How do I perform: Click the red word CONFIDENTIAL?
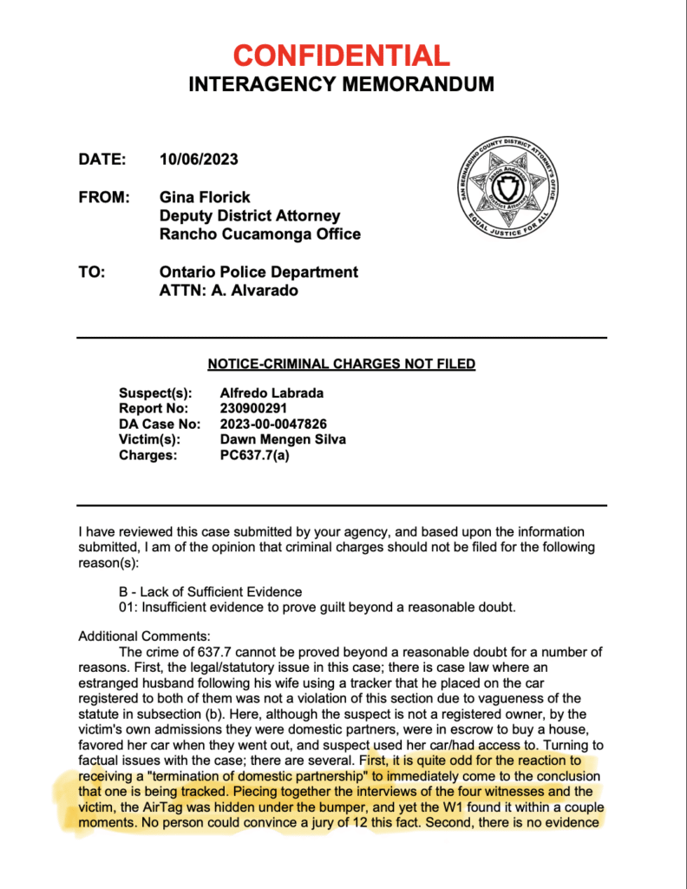click(342, 56)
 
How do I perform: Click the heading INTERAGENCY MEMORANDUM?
click(342, 84)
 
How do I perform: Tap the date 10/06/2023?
click(199, 160)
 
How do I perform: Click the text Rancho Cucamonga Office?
click(260, 234)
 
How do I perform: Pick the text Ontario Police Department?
click(258, 272)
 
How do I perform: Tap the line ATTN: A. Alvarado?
click(228, 291)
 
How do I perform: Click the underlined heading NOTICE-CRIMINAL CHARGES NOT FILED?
click(342, 364)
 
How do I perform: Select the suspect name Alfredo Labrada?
click(272, 393)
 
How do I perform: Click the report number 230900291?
click(253, 409)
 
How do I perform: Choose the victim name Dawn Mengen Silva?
click(284, 439)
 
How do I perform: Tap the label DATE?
click(102, 160)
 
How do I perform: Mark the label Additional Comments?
click(139, 636)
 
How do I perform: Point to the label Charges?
click(147, 454)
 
